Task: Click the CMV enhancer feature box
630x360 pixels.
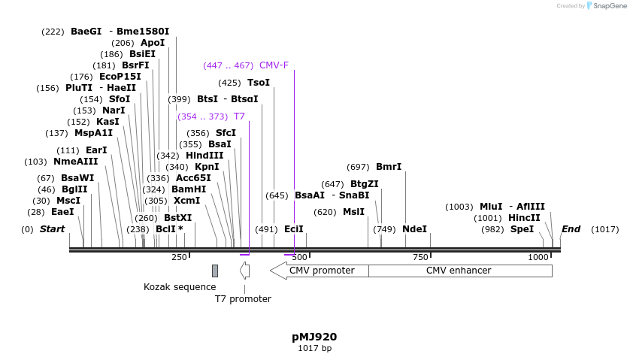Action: tap(459, 271)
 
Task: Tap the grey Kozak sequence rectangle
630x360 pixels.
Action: tap(215, 271)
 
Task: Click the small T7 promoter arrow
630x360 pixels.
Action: tap(244, 271)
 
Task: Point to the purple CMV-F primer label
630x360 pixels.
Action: tap(274, 65)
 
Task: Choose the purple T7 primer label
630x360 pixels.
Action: tap(239, 116)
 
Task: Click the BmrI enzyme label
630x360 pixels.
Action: tap(389, 167)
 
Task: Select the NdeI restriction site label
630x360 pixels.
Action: tap(414, 229)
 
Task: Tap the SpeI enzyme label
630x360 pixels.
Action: tap(522, 229)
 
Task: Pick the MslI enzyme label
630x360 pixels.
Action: tap(353, 212)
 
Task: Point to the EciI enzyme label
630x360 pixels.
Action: tap(293, 229)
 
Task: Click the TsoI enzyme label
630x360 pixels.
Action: tap(258, 83)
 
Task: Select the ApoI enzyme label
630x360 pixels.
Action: tap(153, 43)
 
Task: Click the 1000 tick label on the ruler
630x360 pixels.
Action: tap(538, 258)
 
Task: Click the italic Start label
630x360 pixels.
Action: tap(53, 229)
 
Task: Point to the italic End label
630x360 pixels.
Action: tap(571, 229)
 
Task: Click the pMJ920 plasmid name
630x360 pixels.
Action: tap(314, 337)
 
